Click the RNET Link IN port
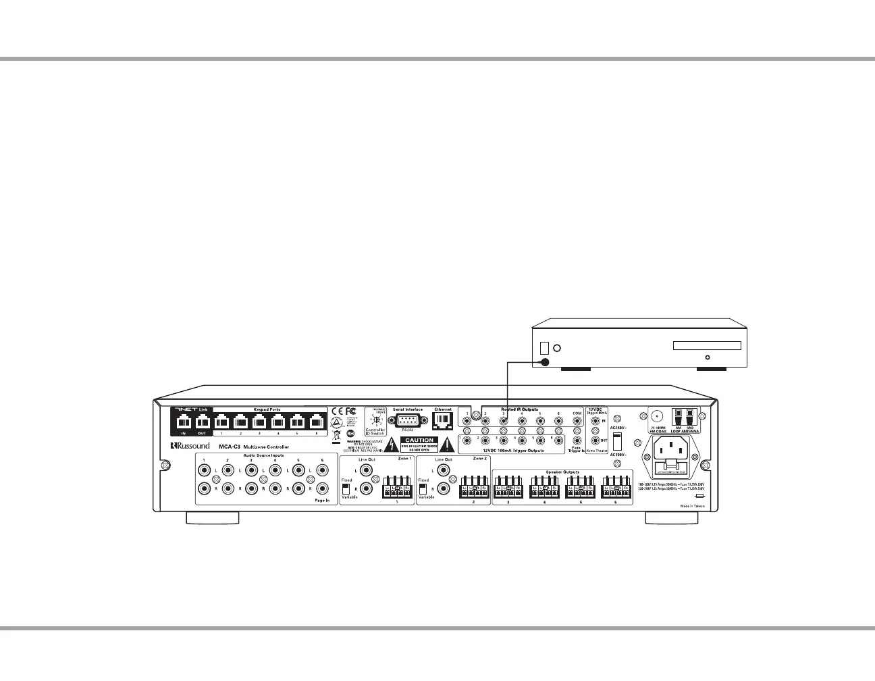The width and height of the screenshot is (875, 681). click(182, 424)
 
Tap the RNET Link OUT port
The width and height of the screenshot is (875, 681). click(201, 424)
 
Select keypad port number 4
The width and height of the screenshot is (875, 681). click(277, 424)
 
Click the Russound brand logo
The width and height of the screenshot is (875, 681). click(190, 446)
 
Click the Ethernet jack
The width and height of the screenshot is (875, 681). click(443, 420)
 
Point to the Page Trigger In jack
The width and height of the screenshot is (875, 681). click(576, 440)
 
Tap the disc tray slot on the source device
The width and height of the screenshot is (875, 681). click(706, 346)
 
